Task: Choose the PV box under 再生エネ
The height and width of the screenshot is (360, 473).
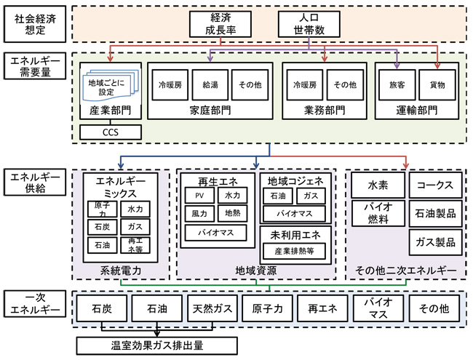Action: click(x=199, y=196)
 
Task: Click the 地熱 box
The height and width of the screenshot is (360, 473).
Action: click(x=233, y=214)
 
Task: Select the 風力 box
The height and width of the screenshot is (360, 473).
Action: click(x=199, y=214)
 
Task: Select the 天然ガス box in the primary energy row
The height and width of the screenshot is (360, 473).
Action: click(x=211, y=308)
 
